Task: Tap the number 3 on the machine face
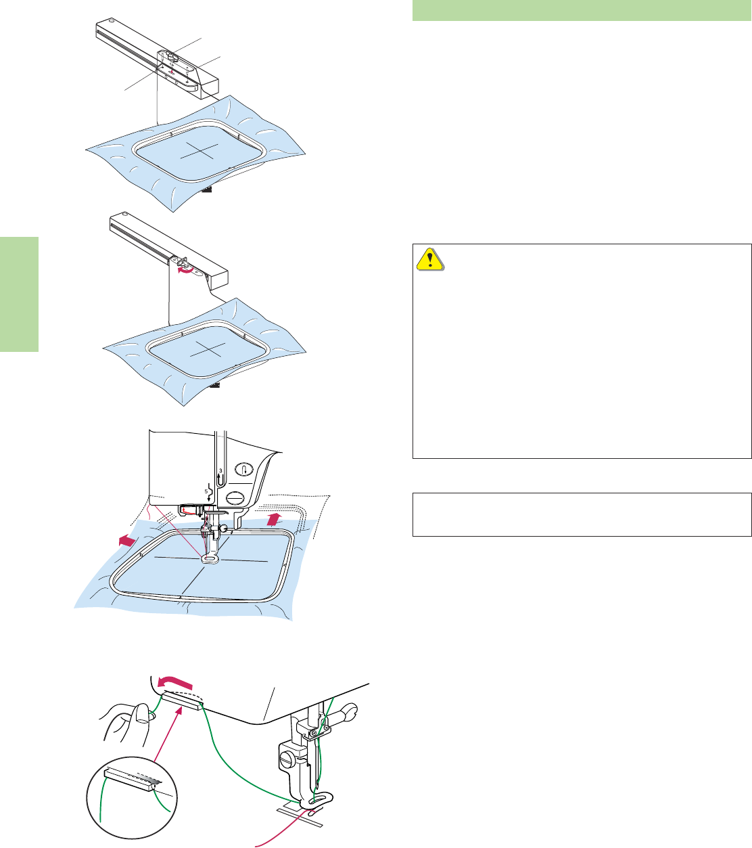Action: [x=220, y=470]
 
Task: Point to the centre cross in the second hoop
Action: [x=201, y=349]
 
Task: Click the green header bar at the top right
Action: [x=582, y=11]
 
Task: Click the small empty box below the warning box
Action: [x=582, y=514]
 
